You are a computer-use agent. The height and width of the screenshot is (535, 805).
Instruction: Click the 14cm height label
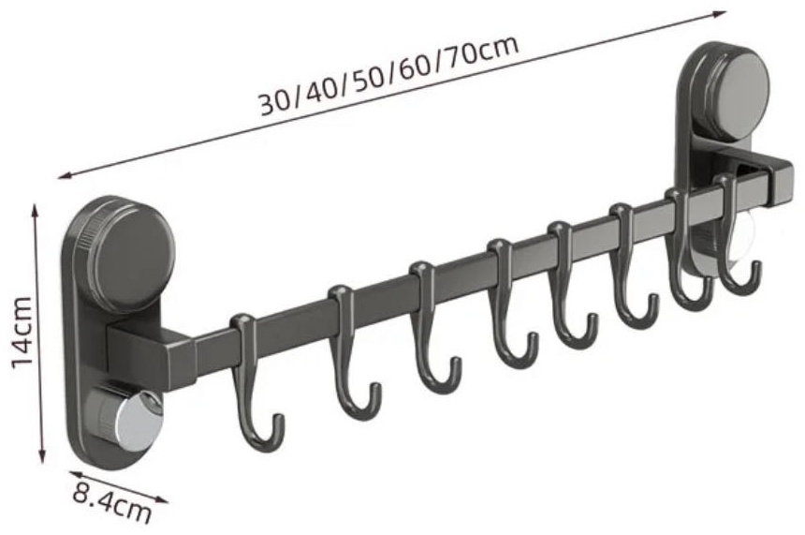tap(23, 333)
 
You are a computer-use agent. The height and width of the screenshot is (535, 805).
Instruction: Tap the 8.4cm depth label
tap(111, 499)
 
